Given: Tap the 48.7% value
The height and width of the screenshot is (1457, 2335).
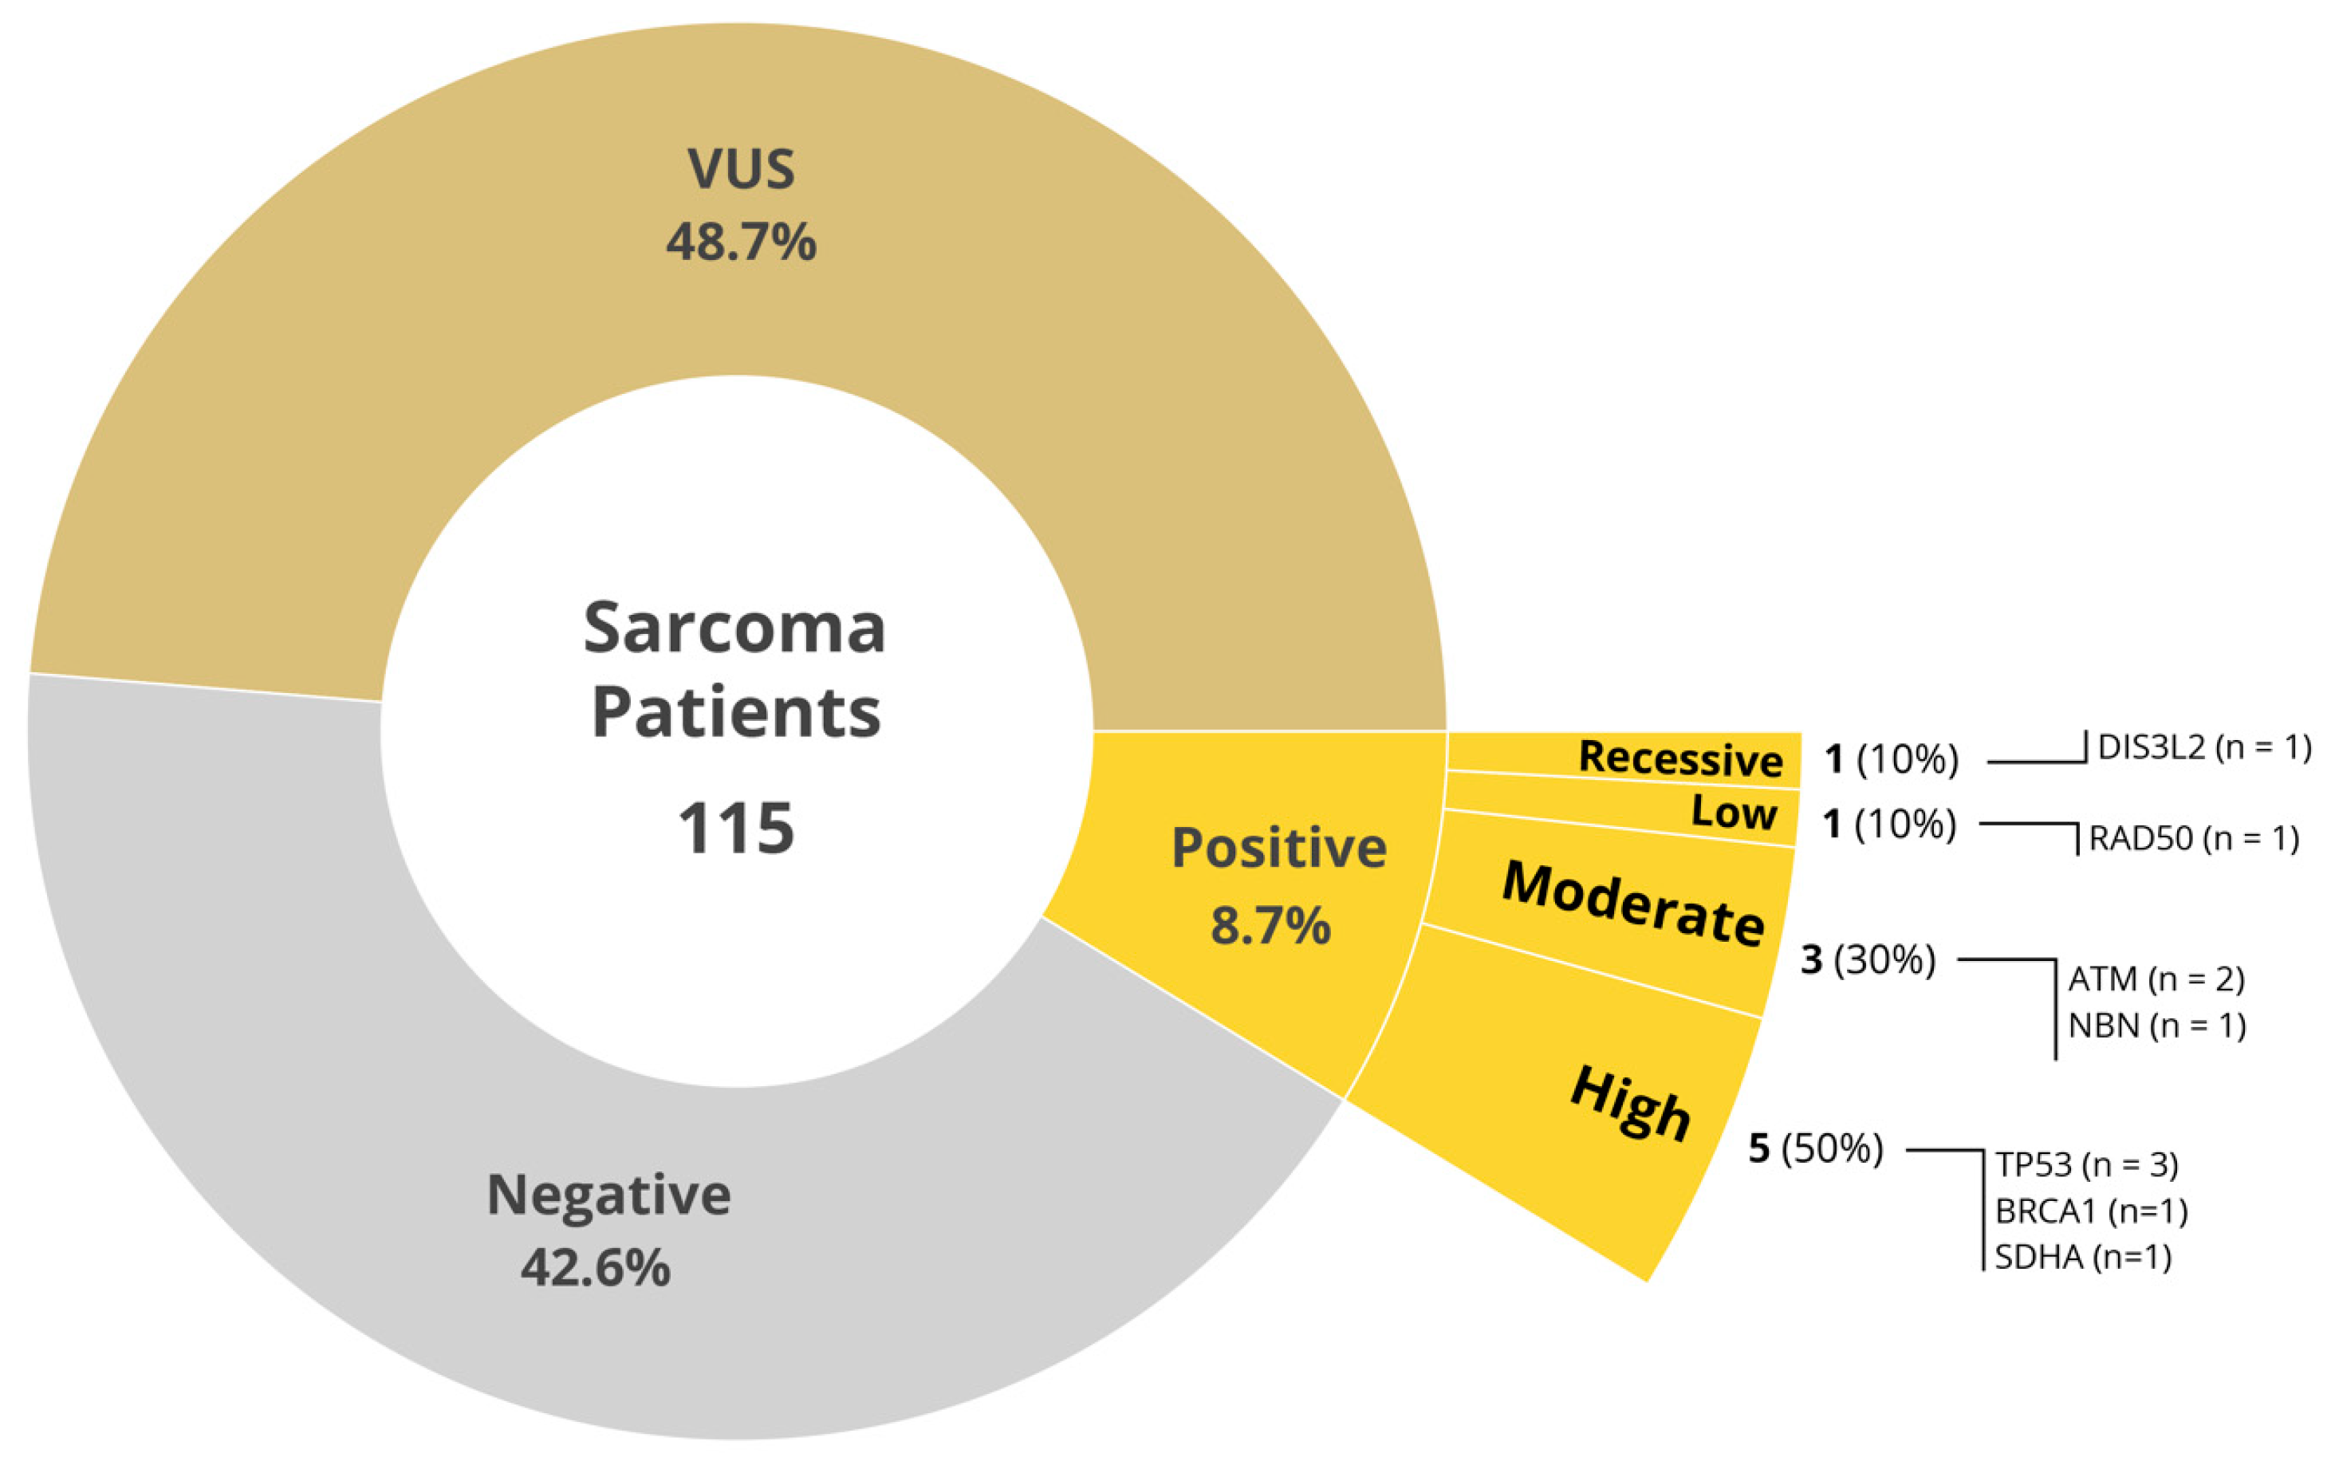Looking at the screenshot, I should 740,241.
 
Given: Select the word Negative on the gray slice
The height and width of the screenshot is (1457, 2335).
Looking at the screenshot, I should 608,1195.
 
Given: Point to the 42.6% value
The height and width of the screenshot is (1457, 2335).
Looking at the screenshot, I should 595,1267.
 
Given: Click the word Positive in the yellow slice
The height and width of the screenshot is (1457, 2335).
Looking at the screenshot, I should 1279,848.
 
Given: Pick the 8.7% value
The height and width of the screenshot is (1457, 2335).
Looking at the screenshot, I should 1270,925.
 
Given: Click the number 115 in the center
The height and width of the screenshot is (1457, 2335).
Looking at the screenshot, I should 736,829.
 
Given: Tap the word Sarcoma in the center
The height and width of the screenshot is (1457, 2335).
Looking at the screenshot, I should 734,628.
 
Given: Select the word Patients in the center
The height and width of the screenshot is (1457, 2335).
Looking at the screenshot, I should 735,713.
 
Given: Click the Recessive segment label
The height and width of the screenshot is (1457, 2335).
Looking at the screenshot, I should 1679,758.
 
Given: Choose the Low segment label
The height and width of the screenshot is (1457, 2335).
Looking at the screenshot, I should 1734,813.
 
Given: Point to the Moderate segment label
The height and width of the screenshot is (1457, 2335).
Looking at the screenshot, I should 1633,903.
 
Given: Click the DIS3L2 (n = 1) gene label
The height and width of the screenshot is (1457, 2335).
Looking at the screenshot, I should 2204,746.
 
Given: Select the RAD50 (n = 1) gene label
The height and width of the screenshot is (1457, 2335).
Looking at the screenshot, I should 2193,838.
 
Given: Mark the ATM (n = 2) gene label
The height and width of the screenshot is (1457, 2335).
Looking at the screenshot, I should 2156,979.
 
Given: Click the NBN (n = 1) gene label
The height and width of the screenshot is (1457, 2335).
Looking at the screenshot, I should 2156,1026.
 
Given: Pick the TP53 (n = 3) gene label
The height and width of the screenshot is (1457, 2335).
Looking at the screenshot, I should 2086,1165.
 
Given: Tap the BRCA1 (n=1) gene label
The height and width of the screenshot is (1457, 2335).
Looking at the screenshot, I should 2090,1211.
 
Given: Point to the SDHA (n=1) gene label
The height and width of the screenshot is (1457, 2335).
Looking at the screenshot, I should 2082,1257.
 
